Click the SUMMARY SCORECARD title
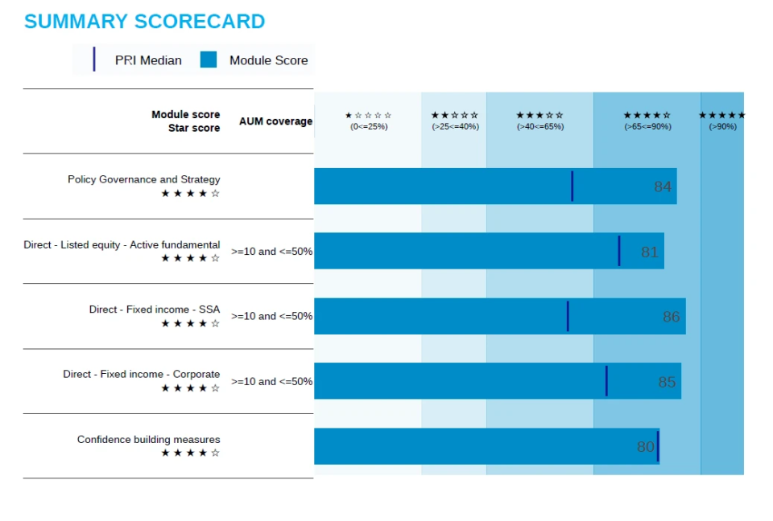[x=144, y=22]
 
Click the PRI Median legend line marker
[x=94, y=59]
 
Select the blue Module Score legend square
[x=209, y=59]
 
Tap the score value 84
[x=662, y=187]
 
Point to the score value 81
[x=650, y=252]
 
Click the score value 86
[x=671, y=317]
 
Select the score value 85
[x=667, y=382]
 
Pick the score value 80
[x=645, y=447]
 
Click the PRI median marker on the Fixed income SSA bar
[x=568, y=316]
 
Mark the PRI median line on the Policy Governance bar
[x=572, y=186]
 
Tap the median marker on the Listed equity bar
[x=619, y=251]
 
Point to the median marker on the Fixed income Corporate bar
[x=606, y=381]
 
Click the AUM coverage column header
[x=275, y=121]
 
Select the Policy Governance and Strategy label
[x=143, y=179]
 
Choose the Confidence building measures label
[x=148, y=440]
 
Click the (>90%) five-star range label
[x=722, y=126]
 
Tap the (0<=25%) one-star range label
[x=369, y=126]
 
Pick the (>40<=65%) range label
[x=540, y=126]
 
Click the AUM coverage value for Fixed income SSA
[x=272, y=316]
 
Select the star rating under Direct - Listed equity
[x=190, y=258]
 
